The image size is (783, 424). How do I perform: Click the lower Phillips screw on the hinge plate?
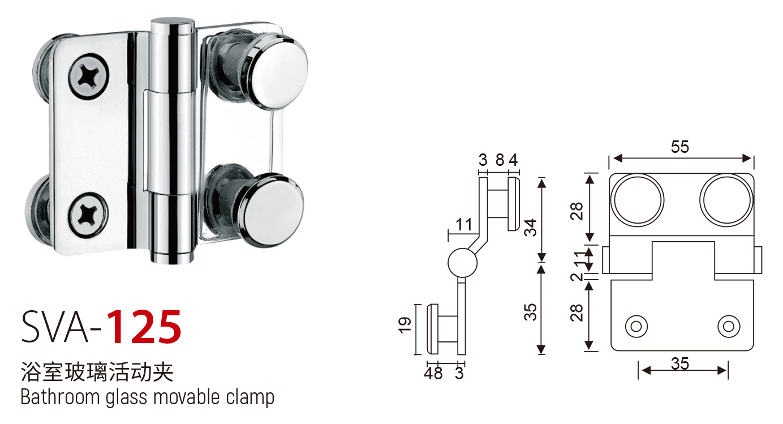click(x=88, y=214)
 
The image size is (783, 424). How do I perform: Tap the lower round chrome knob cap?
click(x=273, y=209)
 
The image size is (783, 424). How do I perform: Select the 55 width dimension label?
click(x=680, y=147)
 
